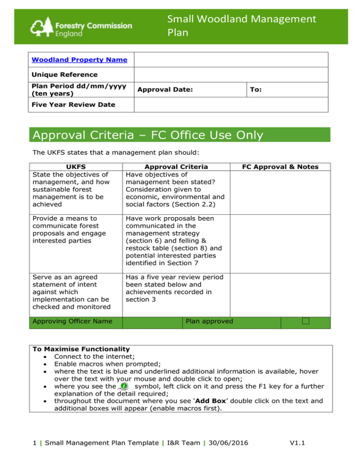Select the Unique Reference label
pyautogui.click(x=64, y=75)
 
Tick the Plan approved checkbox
pyautogui.click(x=306, y=321)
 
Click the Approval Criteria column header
pyautogui.click(x=176, y=166)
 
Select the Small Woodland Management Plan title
pyautogui.click(x=241, y=27)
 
